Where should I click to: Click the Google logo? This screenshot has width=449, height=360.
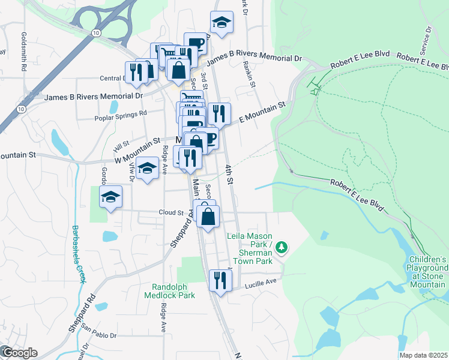click(19, 353)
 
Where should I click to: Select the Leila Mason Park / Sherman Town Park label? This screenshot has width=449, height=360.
click(250, 248)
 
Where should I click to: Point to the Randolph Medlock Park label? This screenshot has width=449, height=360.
click(173, 291)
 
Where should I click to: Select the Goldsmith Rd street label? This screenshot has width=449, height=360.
click(25, 52)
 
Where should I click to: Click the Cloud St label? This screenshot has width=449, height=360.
click(171, 212)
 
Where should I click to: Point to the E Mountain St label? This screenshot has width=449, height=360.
click(262, 112)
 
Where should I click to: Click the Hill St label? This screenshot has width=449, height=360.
click(121, 146)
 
